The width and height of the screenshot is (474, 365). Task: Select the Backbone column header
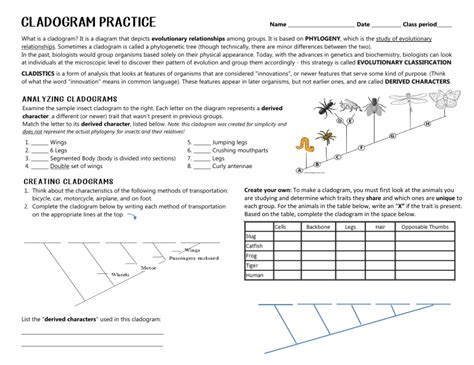(x=318, y=228)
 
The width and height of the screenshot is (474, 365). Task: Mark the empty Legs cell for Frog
(x=349, y=255)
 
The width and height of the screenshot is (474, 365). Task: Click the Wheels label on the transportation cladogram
(x=120, y=273)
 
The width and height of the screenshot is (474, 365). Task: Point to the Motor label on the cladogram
(x=148, y=268)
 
